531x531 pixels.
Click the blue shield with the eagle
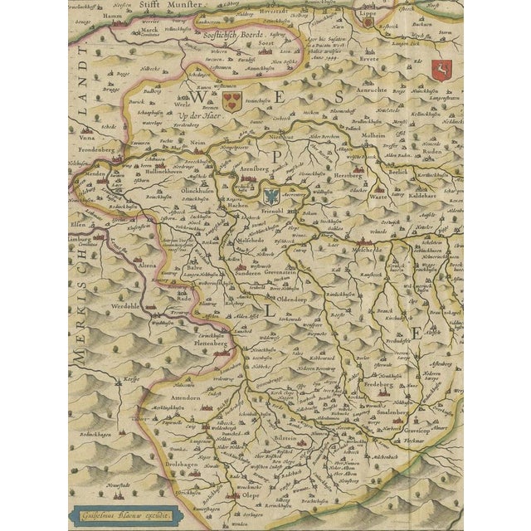271,197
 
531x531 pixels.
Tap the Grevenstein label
288,271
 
